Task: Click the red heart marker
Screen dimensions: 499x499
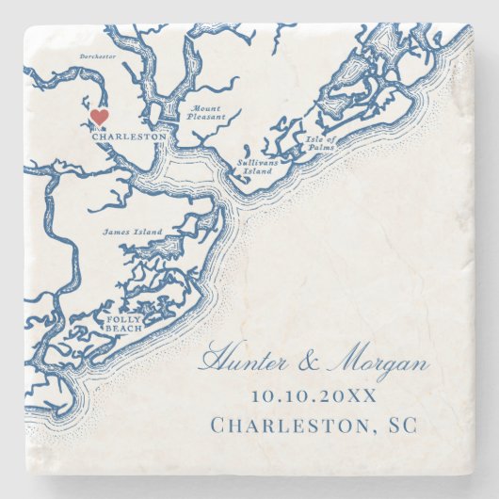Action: tap(99, 117)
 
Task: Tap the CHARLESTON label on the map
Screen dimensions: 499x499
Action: tap(130, 137)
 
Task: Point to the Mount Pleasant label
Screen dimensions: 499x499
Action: tap(207, 113)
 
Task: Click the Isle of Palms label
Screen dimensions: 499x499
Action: tap(317, 144)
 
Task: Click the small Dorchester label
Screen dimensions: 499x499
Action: tap(99, 56)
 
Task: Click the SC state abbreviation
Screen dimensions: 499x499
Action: tap(394, 427)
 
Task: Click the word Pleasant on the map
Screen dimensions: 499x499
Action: tap(208, 118)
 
